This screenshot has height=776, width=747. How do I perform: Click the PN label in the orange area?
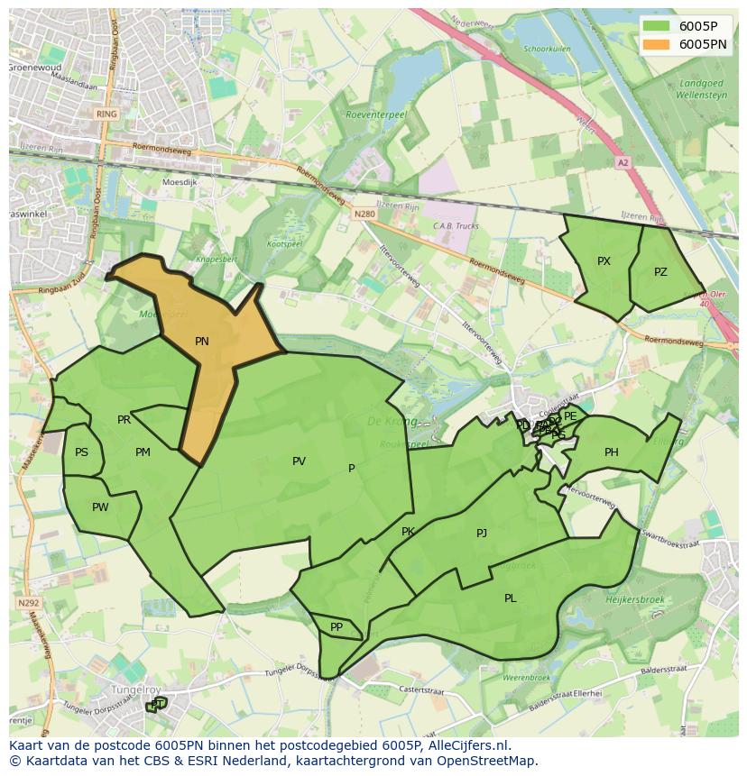coord(202,342)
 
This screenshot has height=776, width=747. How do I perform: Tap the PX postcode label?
coord(604,261)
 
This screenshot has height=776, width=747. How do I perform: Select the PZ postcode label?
coord(660,272)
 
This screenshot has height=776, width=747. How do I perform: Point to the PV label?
coord(299,461)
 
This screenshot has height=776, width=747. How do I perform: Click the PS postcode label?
coord(82,452)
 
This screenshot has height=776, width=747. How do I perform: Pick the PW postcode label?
coord(100,507)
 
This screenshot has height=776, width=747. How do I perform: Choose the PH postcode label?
coord(612,452)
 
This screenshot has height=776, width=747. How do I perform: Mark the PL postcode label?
coord(511,598)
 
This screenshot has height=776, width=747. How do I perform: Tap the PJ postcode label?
coord(482,534)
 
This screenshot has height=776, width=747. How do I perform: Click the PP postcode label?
coord(337,627)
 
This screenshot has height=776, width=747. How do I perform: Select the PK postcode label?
coord(408,532)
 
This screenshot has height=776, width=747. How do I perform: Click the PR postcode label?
coord(124,420)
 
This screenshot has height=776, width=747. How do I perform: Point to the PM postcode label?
coord(143,452)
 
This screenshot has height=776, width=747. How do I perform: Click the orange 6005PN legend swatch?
coord(657,44)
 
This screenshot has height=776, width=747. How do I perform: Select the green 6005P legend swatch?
coord(657,26)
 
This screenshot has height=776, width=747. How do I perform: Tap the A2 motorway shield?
coord(622,163)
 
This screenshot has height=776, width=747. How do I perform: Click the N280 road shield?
coord(364,214)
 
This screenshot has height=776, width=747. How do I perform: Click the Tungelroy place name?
coord(134,689)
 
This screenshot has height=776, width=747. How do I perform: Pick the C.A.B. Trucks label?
coord(456,226)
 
